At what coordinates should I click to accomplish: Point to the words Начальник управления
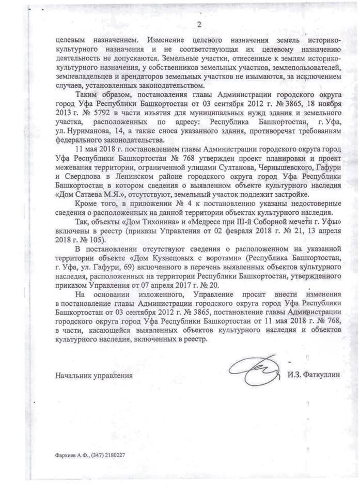coord(94,376)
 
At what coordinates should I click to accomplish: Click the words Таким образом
coord(95,95)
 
